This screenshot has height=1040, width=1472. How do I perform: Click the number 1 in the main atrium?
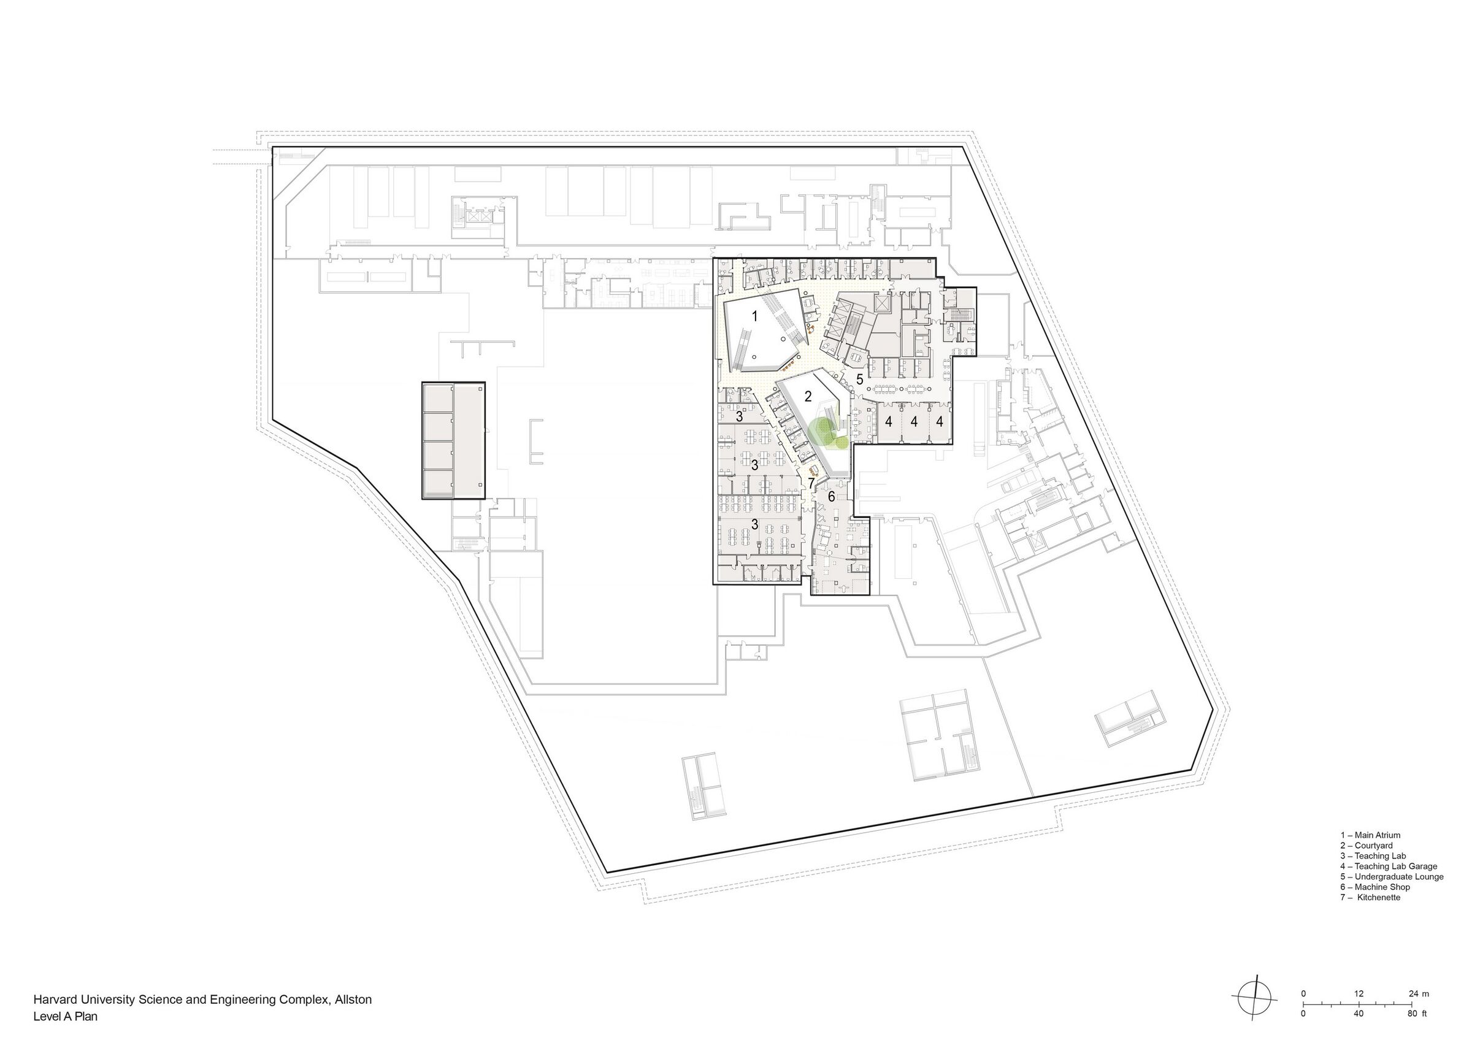point(754,316)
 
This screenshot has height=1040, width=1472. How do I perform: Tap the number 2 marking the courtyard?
point(808,397)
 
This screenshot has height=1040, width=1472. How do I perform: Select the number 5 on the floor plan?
point(860,379)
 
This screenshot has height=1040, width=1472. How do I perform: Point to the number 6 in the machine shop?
point(832,497)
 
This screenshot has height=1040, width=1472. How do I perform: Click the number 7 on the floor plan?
point(811,483)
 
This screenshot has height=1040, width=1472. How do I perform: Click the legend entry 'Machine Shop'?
point(1374,887)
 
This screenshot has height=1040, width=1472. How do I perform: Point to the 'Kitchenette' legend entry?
point(1371,898)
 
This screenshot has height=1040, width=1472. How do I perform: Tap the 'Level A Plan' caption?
point(66,1015)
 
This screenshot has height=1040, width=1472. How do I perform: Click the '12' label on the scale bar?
point(1359,994)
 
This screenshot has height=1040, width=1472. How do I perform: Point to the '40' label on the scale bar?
point(1359,1014)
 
